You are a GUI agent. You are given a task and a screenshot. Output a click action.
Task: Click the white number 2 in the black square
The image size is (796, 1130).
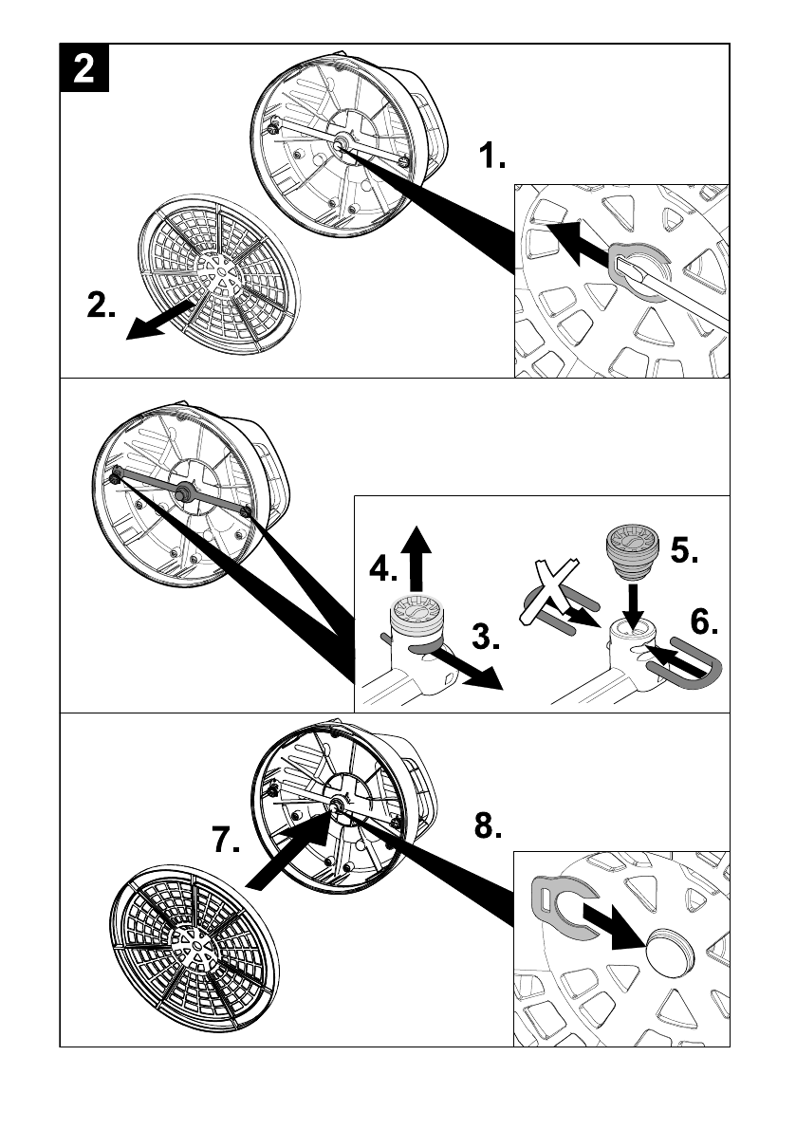[84, 67]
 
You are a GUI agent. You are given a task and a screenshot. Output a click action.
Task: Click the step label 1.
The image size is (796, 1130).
[492, 155]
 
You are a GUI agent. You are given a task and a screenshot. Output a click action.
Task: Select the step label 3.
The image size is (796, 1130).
[486, 637]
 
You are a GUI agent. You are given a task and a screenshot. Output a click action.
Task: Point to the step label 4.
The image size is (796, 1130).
[383, 568]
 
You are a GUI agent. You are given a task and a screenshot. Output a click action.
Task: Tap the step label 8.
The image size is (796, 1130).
[488, 825]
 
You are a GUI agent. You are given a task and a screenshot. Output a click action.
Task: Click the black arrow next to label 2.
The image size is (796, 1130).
[159, 321]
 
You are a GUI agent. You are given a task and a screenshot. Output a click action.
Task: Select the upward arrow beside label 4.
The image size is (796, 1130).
[415, 559]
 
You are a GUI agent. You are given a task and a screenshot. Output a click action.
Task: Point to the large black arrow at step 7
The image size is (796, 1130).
[288, 850]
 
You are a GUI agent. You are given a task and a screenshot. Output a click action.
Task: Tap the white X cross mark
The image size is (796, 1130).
[549, 590]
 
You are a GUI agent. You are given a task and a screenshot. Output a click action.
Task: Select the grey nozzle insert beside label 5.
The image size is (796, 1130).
[633, 551]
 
